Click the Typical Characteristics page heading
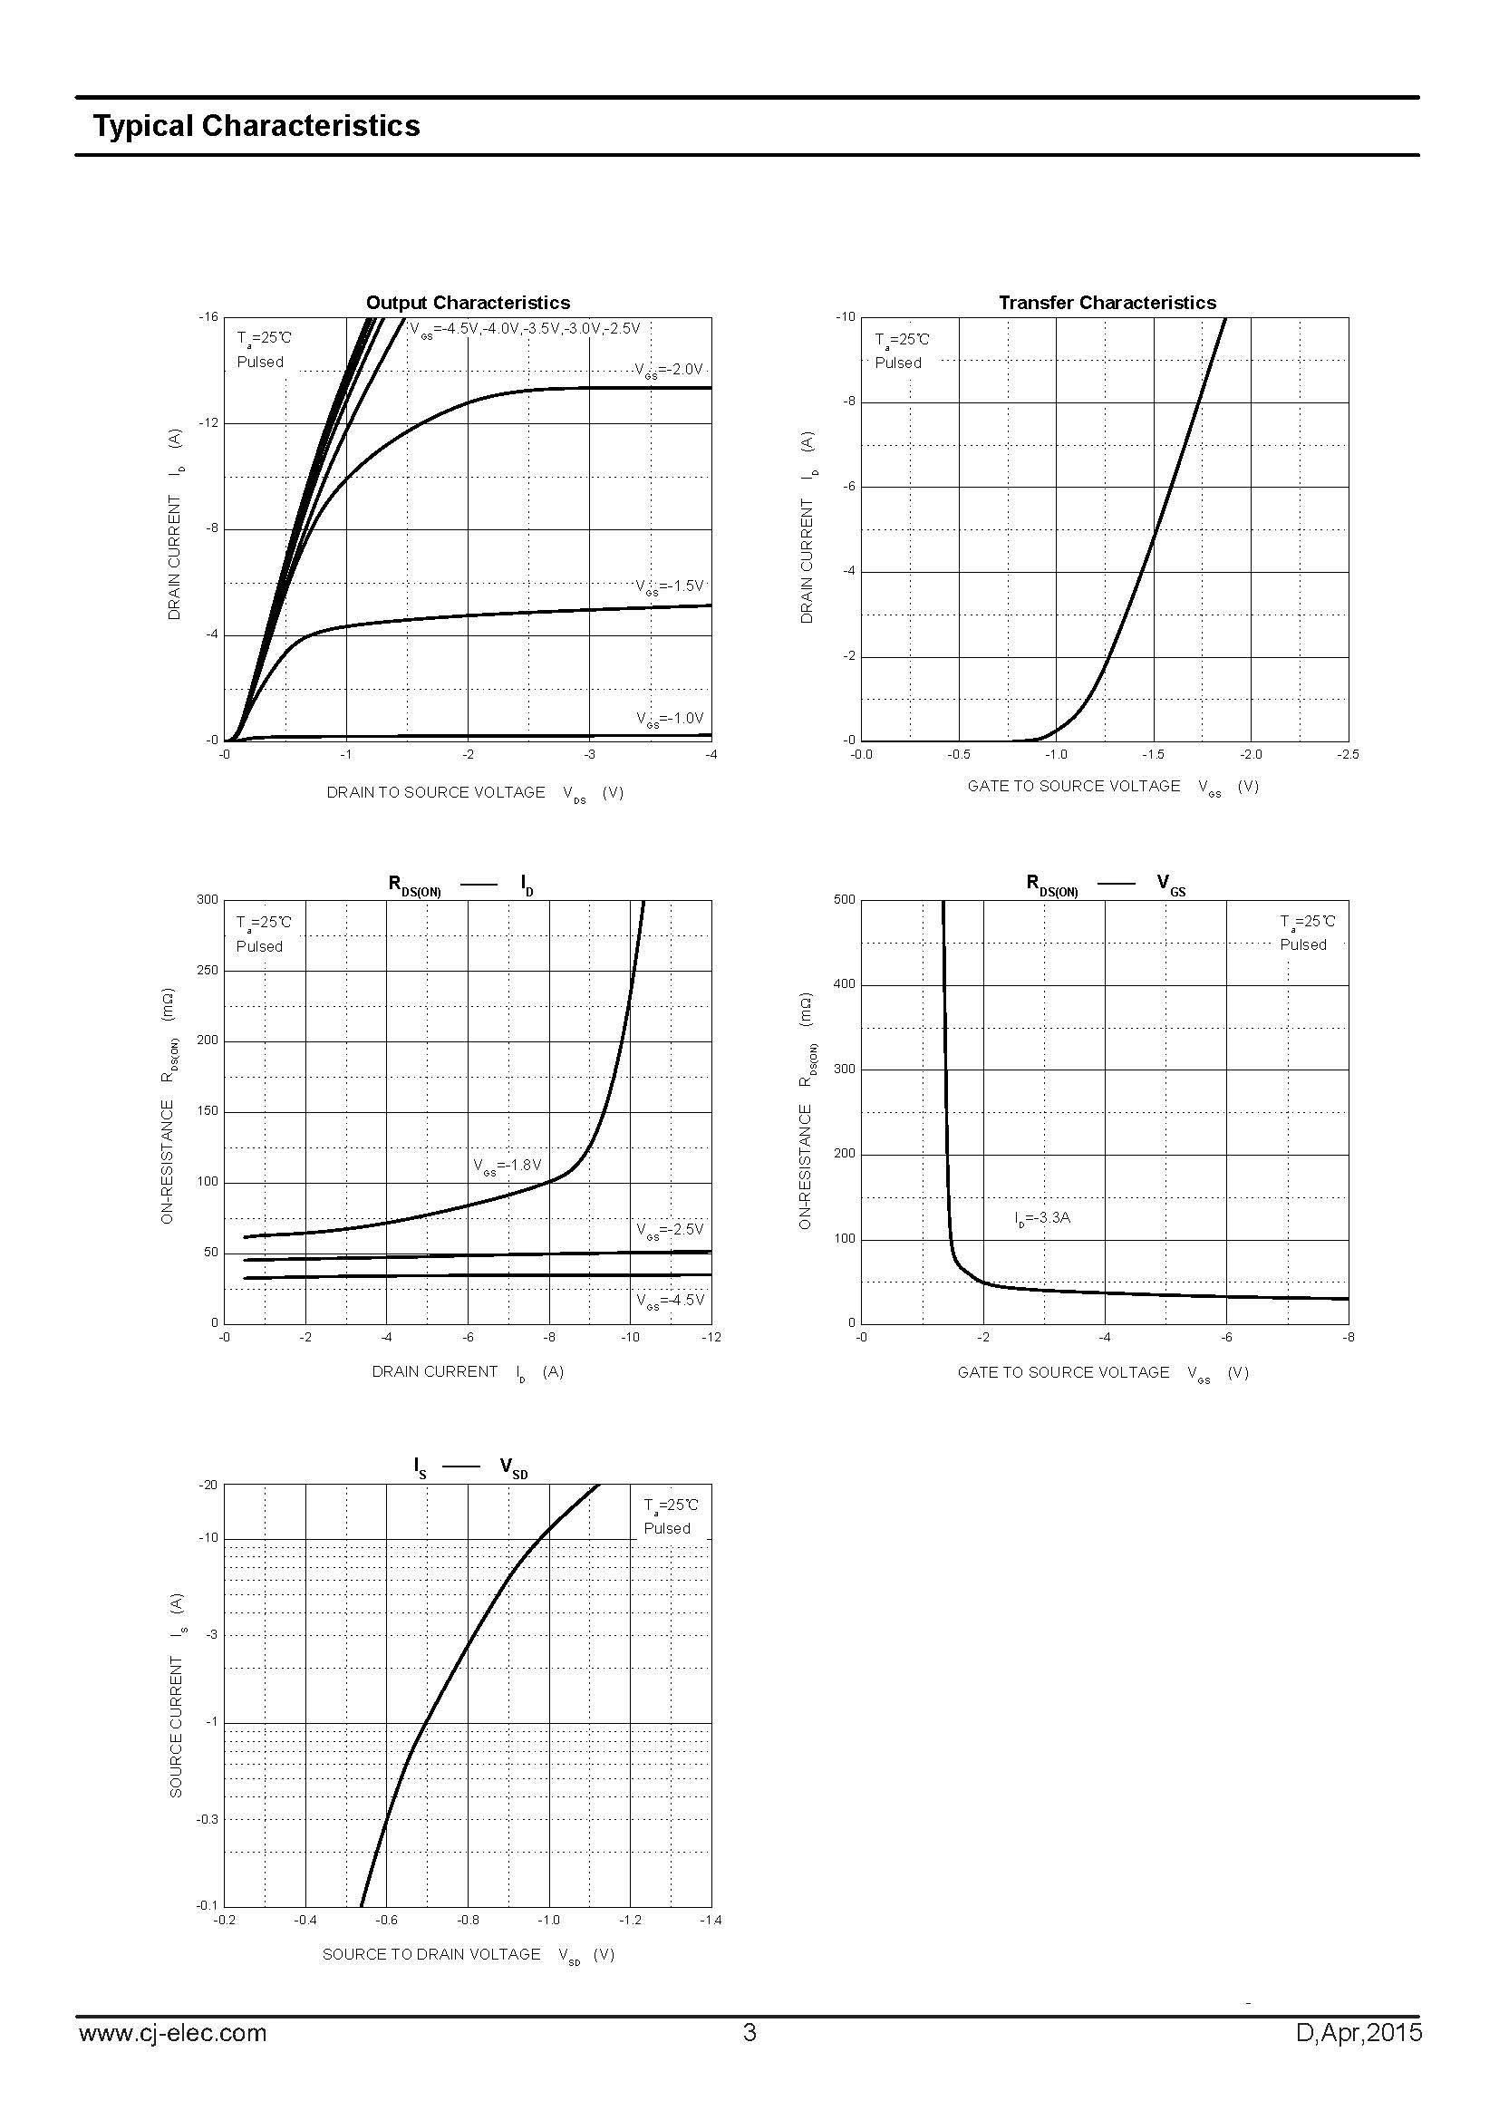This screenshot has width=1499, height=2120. click(256, 127)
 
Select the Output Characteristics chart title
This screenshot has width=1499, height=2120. click(468, 303)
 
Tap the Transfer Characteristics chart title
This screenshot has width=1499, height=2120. click(1107, 303)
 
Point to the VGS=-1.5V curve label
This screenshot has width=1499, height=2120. click(669, 586)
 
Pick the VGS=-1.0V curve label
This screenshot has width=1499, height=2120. click(669, 719)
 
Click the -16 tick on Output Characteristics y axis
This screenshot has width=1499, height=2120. click(208, 317)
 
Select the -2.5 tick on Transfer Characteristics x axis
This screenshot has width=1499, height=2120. click(1347, 754)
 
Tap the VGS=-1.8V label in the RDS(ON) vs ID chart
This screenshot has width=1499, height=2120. click(507, 1166)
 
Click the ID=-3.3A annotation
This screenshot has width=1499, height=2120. click(1042, 1218)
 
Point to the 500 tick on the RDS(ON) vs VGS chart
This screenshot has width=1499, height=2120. click(844, 900)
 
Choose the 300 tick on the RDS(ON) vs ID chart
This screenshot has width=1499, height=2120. click(208, 900)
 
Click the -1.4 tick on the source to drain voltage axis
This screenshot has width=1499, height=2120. click(710, 1921)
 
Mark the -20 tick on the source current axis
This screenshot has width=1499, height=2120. click(208, 1486)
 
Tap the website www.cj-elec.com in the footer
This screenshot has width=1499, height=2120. click(172, 2033)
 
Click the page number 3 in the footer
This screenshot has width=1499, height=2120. click(749, 2033)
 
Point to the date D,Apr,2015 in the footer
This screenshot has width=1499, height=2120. click(1359, 2033)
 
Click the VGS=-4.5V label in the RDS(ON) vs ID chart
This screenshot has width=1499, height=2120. click(669, 1300)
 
